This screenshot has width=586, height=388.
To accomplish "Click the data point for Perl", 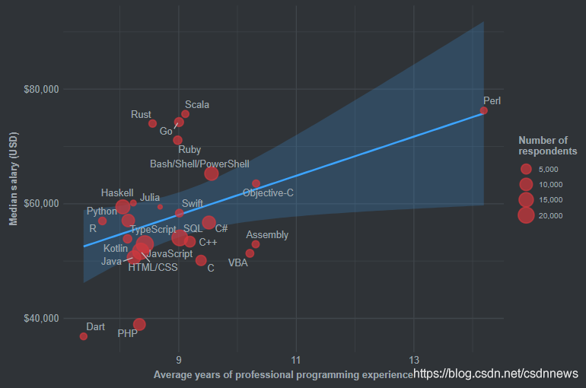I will [483, 110].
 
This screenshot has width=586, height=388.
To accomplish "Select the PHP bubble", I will [139, 325].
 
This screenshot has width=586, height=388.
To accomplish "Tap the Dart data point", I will [84, 336].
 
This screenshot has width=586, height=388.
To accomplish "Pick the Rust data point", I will [152, 123].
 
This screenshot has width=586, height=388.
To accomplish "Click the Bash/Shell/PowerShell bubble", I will [212, 173].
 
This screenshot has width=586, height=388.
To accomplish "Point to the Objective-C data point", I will [256, 183].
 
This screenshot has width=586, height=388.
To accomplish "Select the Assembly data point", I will [256, 244].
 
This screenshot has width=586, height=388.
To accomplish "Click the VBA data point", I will [250, 253].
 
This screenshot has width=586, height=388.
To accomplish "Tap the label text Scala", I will [197, 105].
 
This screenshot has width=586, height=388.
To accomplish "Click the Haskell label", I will [117, 193].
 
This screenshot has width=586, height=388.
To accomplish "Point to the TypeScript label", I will [153, 229].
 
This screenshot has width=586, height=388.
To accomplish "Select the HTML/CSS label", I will [152, 267].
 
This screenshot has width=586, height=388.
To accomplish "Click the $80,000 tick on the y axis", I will [42, 90].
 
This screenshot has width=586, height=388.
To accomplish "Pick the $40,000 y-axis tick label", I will [42, 318].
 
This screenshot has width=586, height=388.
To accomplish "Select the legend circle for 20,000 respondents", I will [525, 215].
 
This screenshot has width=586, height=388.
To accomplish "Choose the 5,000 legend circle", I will [525, 169].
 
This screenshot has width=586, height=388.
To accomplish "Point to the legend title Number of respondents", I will [546, 145].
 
